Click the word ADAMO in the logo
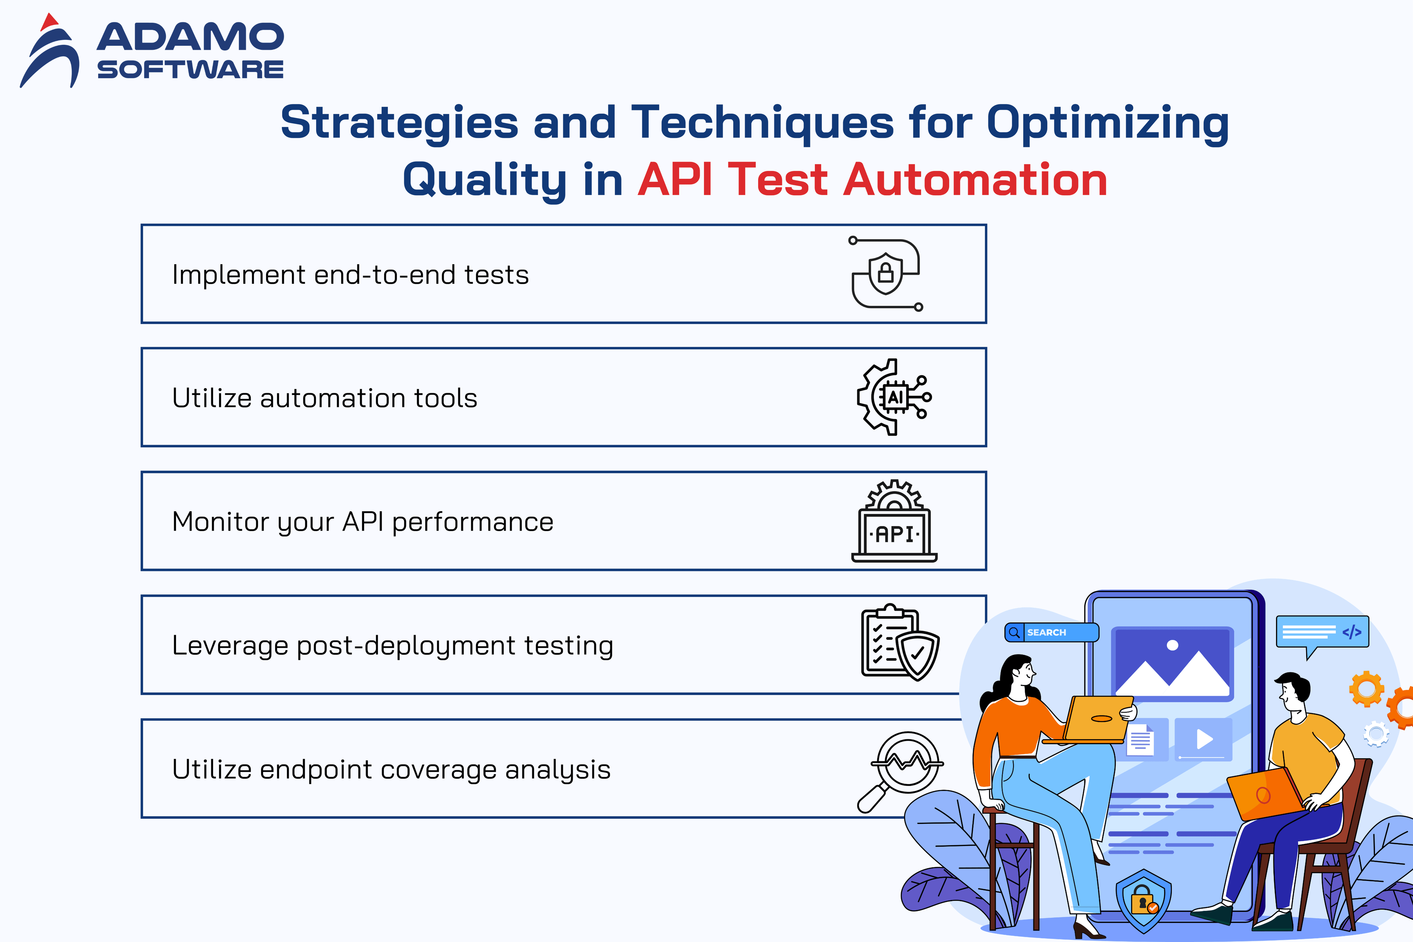(x=190, y=37)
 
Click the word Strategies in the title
(x=399, y=122)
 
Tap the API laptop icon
(x=894, y=521)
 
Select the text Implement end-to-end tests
(x=350, y=275)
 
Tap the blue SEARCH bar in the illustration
(x=1052, y=632)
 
